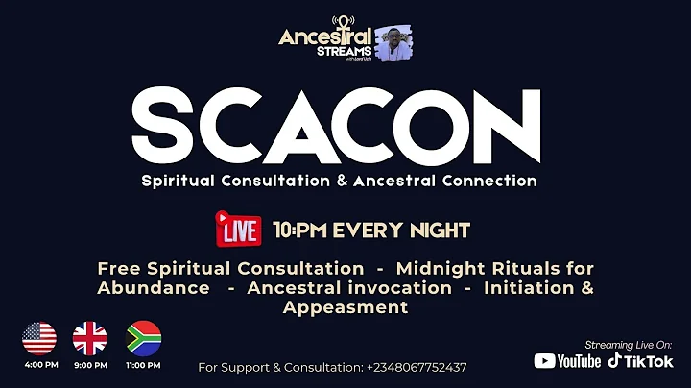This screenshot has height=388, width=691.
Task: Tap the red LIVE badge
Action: click(x=239, y=230)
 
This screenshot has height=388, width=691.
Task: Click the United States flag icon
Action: click(x=39, y=338)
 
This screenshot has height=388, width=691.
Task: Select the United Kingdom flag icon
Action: click(x=90, y=338)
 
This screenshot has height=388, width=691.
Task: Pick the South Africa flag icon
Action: click(x=144, y=338)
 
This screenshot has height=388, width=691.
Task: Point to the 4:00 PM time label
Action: click(x=39, y=365)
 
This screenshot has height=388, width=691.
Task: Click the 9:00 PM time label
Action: click(x=90, y=365)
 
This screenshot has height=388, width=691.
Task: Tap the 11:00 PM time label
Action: click(x=144, y=365)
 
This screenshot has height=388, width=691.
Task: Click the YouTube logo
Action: click(x=567, y=361)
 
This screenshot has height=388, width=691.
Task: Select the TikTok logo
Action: click(x=640, y=361)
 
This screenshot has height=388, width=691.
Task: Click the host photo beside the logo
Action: click(x=393, y=42)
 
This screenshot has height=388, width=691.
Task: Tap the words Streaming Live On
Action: click(x=629, y=343)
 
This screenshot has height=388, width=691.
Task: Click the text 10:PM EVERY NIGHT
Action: click(x=370, y=230)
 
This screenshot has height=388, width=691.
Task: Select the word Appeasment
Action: click(x=345, y=307)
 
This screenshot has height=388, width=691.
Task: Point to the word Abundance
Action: click(x=153, y=287)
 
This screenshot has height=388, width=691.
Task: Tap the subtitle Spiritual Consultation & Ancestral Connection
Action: click(x=339, y=181)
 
